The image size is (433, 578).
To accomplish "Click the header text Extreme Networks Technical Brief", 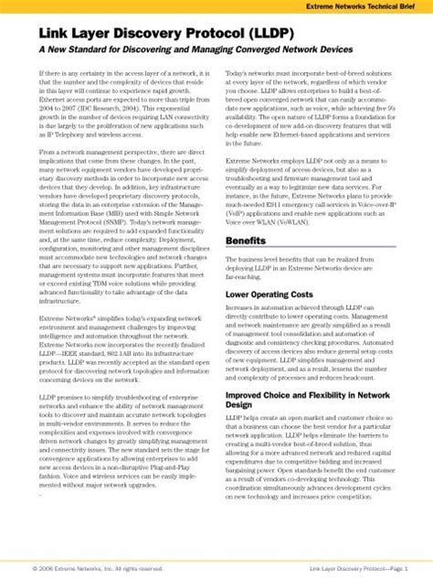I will (368, 7).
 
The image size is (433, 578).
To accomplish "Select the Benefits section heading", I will (246, 241).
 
